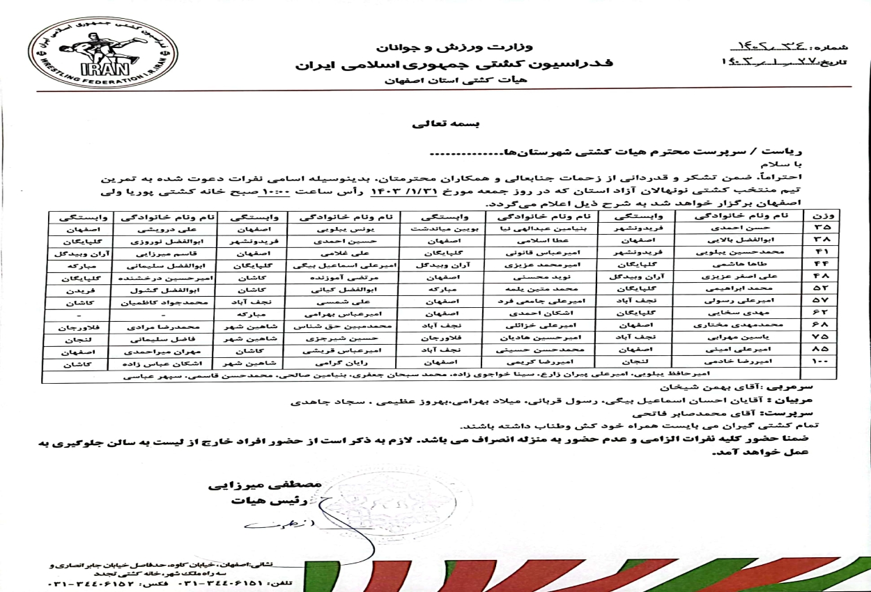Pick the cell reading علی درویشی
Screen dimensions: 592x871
165,228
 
